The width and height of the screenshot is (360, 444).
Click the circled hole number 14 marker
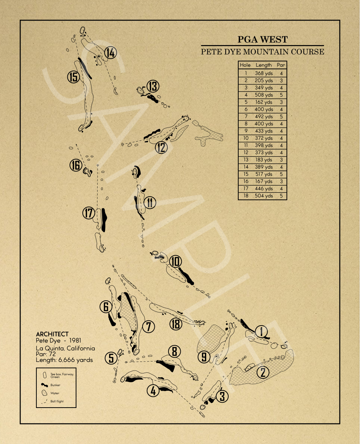(111, 53)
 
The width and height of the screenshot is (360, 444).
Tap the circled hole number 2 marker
(263, 372)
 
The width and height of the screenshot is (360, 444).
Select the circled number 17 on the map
(89, 213)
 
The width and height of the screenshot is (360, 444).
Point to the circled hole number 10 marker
(175, 261)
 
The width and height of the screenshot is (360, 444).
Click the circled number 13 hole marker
(153, 86)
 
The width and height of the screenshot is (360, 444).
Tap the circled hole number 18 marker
(176, 324)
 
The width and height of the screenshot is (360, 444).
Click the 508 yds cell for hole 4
(264, 95)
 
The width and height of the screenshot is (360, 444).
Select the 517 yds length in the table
(264, 174)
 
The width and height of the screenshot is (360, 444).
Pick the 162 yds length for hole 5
(264, 102)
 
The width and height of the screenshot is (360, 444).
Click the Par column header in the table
(281, 65)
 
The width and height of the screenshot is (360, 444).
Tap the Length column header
(264, 65)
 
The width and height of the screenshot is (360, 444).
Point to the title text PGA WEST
(262, 40)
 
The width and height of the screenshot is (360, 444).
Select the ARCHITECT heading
(52, 334)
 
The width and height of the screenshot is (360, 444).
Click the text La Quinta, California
(65, 348)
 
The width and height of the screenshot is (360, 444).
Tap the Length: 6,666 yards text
(64, 360)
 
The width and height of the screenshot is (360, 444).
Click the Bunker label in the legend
(55, 385)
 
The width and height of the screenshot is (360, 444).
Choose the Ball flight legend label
(57, 401)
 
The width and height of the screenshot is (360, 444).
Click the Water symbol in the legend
(45, 393)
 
